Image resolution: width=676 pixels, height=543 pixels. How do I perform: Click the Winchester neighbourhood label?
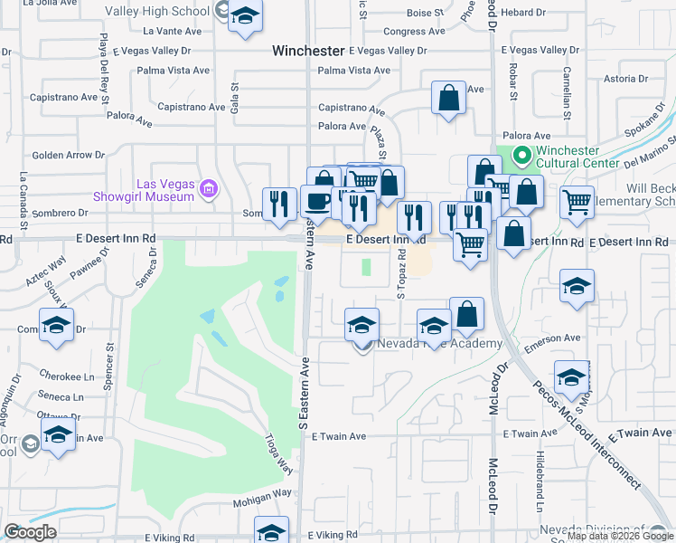tap(308, 52)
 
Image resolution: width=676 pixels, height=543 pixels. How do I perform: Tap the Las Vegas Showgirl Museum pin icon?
tap(210, 189)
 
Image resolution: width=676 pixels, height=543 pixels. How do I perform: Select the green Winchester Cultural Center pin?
tap(521, 157)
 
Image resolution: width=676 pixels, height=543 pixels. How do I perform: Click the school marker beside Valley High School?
tap(244, 18)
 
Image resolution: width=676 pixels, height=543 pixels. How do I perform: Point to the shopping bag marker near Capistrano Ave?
tap(448, 99)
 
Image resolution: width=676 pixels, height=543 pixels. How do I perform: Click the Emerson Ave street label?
tap(556, 338)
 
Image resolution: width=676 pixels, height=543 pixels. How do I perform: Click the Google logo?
tap(31, 532)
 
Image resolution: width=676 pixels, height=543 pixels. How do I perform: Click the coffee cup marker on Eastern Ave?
tap(315, 200)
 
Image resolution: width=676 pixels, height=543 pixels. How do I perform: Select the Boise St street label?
tap(424, 14)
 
